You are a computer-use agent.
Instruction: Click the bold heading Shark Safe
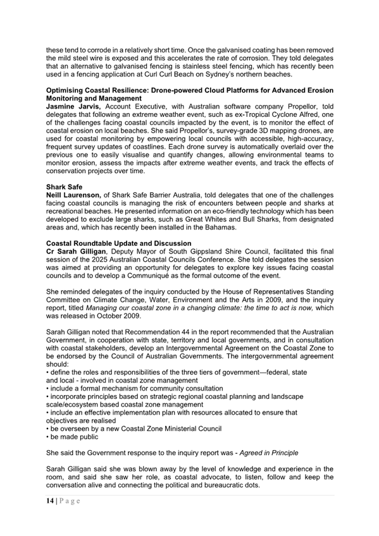pyautogui.click(x=65, y=187)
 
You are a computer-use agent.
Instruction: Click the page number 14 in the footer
pyautogui.click(x=51, y=501)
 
